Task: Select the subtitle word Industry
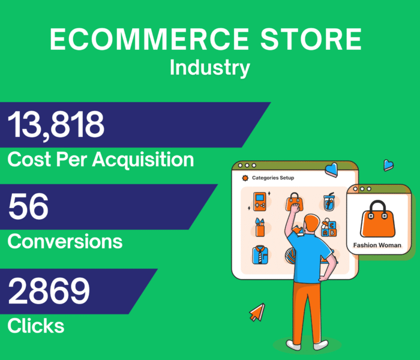209,68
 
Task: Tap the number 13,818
56,125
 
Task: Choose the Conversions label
65,241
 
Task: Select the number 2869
49,291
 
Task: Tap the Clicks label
35,326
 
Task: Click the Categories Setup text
273,178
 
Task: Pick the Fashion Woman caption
377,245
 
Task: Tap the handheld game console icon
259,202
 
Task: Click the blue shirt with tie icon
260,254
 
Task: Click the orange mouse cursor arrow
257,311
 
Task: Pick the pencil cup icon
259,228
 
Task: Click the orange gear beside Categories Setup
244,178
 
